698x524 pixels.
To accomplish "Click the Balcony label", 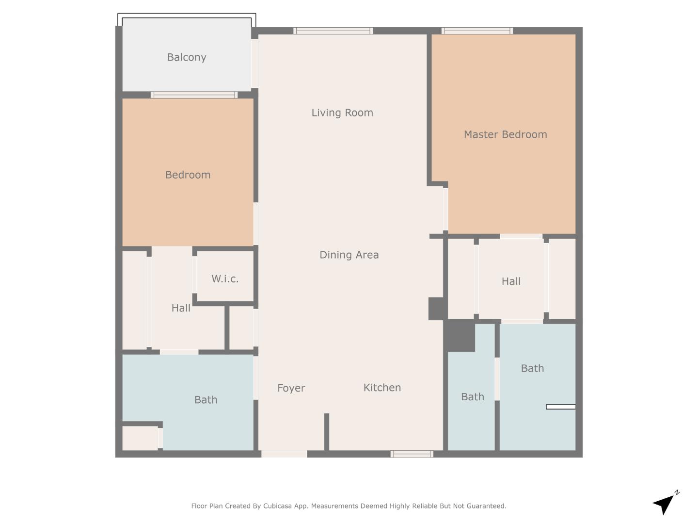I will click(187, 57).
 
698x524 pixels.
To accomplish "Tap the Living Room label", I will click(342, 113).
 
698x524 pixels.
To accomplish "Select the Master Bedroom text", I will click(505, 134).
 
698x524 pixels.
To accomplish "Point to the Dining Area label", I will click(349, 255).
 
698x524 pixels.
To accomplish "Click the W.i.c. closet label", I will click(225, 278).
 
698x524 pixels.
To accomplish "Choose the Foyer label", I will click(291, 388).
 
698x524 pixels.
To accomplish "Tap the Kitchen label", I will click(382, 387).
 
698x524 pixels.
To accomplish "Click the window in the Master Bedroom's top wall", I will click(477, 31).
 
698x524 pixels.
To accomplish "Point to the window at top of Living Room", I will click(333, 31).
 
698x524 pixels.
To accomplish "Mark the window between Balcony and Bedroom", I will click(194, 95).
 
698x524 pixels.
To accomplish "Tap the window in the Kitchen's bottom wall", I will click(412, 454).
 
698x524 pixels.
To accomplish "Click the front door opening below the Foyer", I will click(284, 454).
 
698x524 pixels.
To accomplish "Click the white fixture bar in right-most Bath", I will click(561, 407).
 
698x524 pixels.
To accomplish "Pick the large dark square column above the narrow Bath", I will click(460, 335).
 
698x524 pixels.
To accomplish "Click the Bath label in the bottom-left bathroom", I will click(206, 400).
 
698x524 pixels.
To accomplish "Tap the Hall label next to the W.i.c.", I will click(181, 308).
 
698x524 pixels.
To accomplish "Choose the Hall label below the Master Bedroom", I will click(511, 281).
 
